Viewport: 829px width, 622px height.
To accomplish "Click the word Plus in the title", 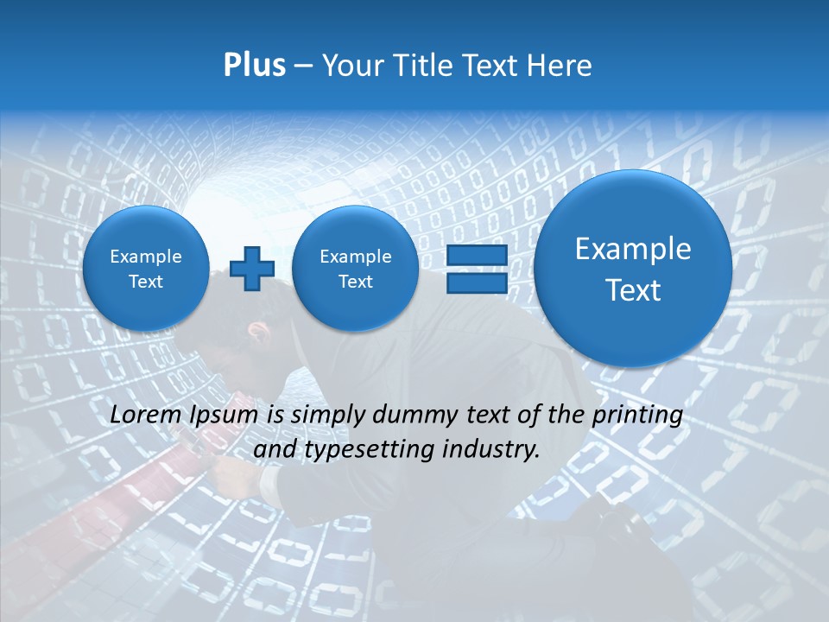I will coord(254,66).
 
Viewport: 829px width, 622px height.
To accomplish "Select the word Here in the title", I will coord(559,66).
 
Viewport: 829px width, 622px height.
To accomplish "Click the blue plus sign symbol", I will coord(252,268).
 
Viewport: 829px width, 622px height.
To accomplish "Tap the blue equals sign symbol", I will coord(476,269).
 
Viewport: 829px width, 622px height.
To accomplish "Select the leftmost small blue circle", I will coord(145,268).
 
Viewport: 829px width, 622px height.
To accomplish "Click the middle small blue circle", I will coord(355,268).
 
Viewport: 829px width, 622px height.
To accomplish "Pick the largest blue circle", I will coord(633,269).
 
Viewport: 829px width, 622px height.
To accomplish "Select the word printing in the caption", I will coord(639,416).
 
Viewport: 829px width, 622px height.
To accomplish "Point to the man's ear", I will coord(256,329).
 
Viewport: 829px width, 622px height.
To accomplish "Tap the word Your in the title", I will coord(352,66).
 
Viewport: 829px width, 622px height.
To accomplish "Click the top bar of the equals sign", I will coord(476,256).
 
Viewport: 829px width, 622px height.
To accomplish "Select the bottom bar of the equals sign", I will coord(476,282).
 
